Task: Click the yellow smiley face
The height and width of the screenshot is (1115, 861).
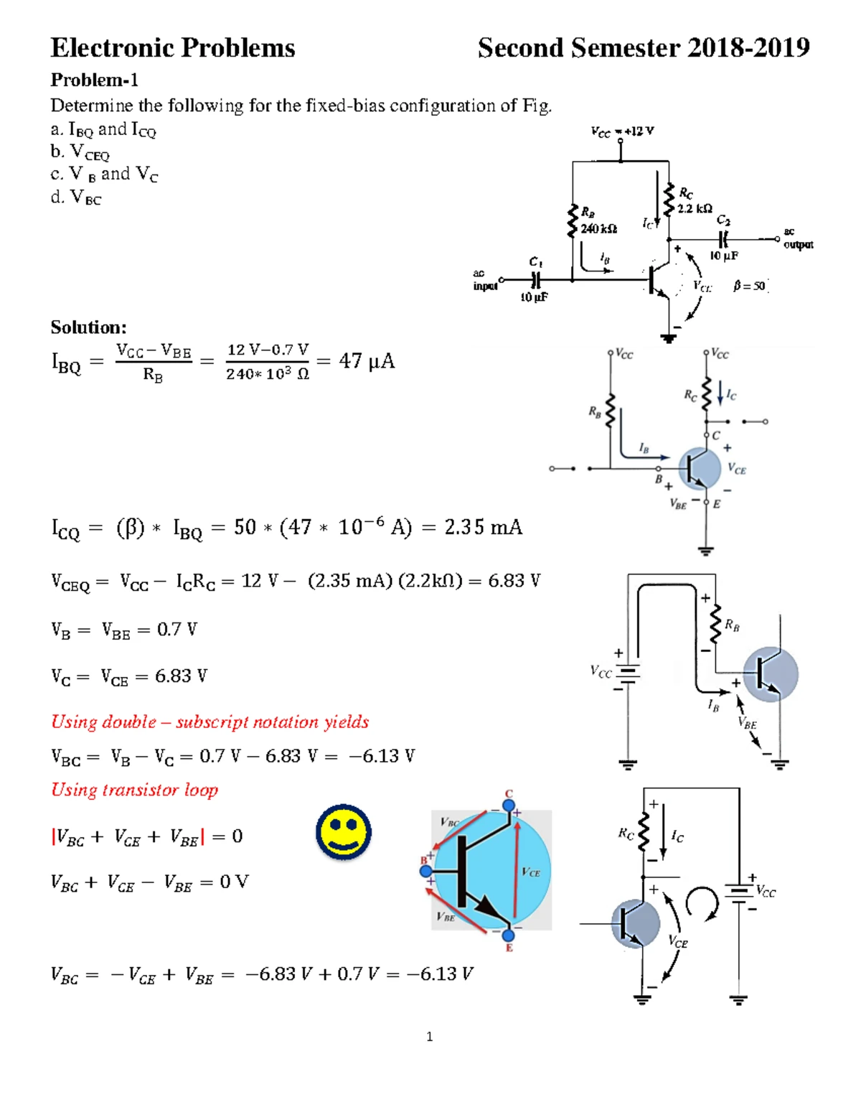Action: tap(344, 831)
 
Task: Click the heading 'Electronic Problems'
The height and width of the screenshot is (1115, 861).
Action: tap(173, 48)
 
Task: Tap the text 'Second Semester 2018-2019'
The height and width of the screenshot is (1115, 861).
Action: tap(644, 48)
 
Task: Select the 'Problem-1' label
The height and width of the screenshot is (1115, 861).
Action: tap(94, 80)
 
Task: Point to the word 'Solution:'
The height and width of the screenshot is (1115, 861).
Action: tap(88, 327)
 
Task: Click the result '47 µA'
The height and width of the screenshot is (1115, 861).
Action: tap(367, 360)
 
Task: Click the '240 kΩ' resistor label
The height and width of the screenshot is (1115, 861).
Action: tap(598, 228)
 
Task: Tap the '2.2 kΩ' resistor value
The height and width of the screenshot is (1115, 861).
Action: tap(695, 208)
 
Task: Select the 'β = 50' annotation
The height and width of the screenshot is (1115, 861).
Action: tap(750, 286)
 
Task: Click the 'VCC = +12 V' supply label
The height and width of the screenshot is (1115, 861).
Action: tap(622, 131)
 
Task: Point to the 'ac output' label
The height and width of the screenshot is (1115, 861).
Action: tap(797, 238)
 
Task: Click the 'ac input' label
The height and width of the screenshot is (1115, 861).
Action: tap(485, 280)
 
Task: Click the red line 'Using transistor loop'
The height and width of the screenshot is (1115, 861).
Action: tap(134, 790)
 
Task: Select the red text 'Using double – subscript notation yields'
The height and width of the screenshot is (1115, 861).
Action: tap(210, 722)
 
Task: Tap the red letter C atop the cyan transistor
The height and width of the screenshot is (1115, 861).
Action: tap(509, 793)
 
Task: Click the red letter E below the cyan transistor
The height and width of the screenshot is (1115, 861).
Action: tap(509, 948)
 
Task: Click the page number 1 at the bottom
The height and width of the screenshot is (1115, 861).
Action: tap(429, 1036)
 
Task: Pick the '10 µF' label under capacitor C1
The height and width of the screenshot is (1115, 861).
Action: tap(534, 297)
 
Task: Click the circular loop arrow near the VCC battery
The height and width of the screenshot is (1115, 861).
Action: tap(702, 902)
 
